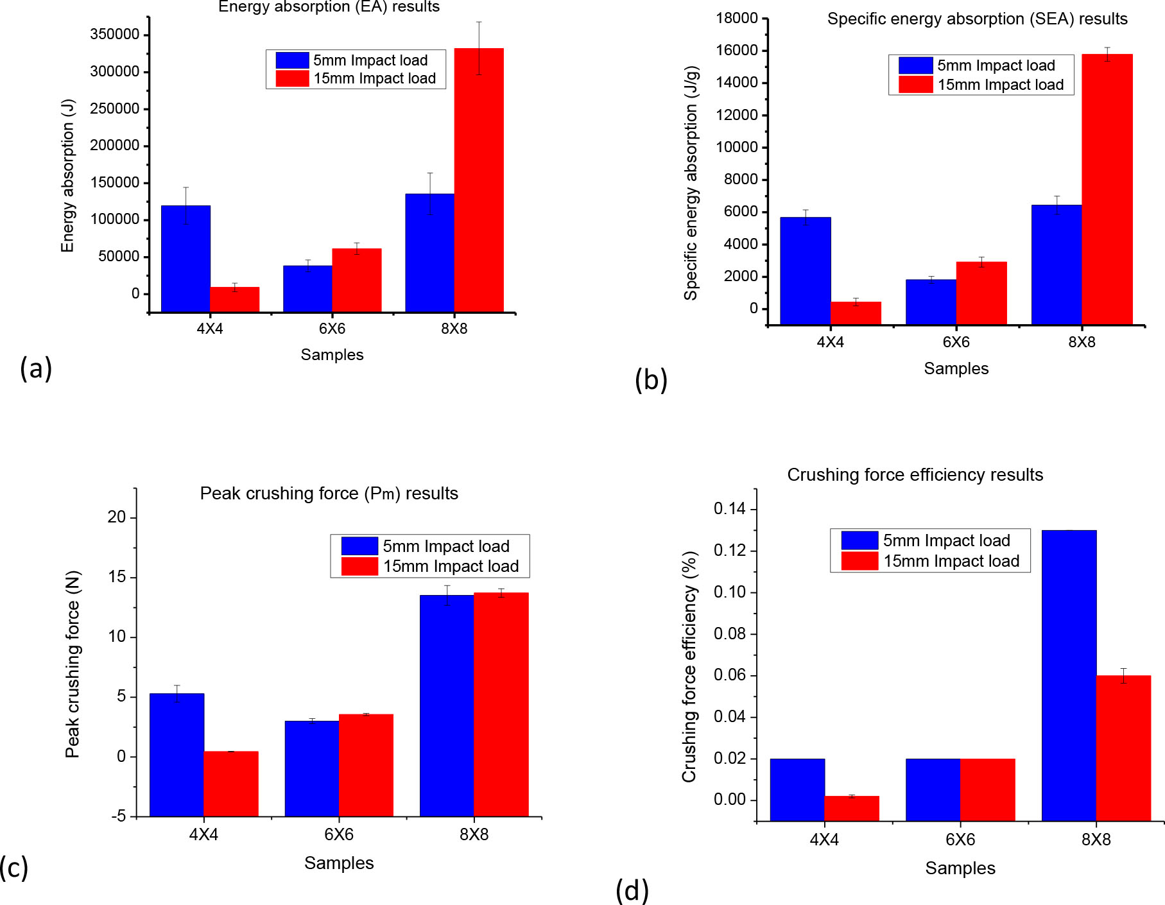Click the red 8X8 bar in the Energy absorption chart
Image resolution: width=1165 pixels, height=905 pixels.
479,180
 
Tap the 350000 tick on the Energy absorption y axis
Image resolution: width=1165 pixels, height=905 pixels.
115,35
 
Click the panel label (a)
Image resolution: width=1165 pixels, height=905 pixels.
35,368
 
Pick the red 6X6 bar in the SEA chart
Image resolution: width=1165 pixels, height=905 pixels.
981,293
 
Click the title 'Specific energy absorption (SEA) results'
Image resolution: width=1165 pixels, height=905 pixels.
977,19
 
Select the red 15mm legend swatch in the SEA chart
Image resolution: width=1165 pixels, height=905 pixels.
915,85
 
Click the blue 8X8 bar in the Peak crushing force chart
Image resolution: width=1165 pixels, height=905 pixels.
447,706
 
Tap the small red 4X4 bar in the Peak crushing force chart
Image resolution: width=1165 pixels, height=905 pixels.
231,784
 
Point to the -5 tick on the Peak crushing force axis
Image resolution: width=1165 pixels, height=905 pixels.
119,817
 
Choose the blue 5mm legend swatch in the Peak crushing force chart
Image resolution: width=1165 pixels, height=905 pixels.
359,546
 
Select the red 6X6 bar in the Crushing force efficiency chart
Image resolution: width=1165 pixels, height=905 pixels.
987,789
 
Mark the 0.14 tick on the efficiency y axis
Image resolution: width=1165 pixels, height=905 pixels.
730,510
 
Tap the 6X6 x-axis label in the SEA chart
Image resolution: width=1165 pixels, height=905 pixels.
956,343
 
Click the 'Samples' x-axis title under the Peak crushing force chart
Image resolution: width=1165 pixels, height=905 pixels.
339,863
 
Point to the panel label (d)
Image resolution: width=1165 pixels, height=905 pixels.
632,891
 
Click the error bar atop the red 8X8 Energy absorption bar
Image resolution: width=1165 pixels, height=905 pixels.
479,48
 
